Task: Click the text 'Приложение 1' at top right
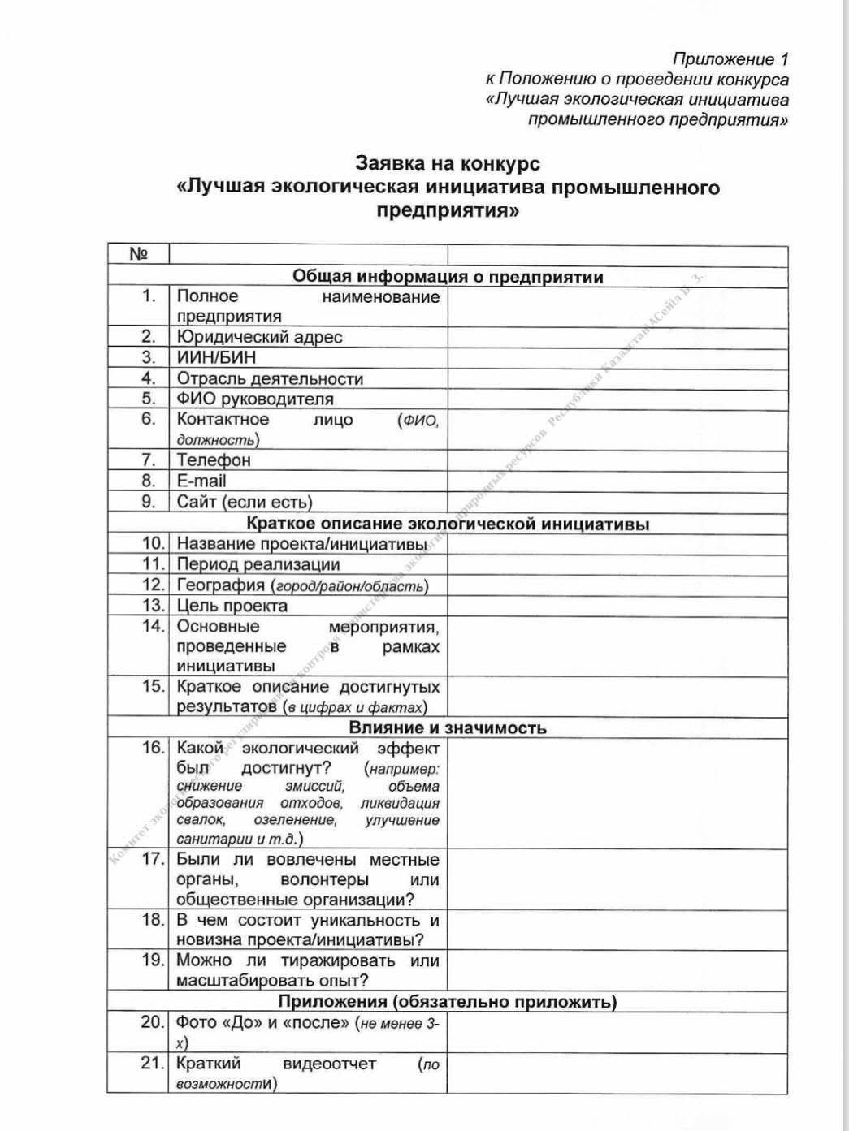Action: click(x=730, y=59)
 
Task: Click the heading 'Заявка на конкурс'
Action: click(x=447, y=163)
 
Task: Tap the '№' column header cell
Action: click(x=139, y=254)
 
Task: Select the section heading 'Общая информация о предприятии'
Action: click(x=448, y=276)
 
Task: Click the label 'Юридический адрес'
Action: click(x=259, y=337)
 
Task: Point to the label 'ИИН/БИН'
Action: click(x=216, y=358)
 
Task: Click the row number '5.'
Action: click(x=149, y=399)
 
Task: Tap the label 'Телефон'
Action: click(x=214, y=460)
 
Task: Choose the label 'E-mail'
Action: click(x=201, y=481)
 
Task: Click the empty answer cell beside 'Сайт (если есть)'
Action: click(x=617, y=502)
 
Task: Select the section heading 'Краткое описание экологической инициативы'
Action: click(x=448, y=524)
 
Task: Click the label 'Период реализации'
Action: click(x=258, y=564)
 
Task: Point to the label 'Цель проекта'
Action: click(x=232, y=606)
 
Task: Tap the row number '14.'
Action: click(x=153, y=627)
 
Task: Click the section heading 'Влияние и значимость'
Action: click(x=448, y=727)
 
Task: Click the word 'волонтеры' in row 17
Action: click(x=324, y=880)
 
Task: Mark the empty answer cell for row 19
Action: click(x=617, y=970)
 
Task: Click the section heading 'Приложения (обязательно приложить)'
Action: click(x=448, y=1001)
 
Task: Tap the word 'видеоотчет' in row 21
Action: click(x=330, y=1064)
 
